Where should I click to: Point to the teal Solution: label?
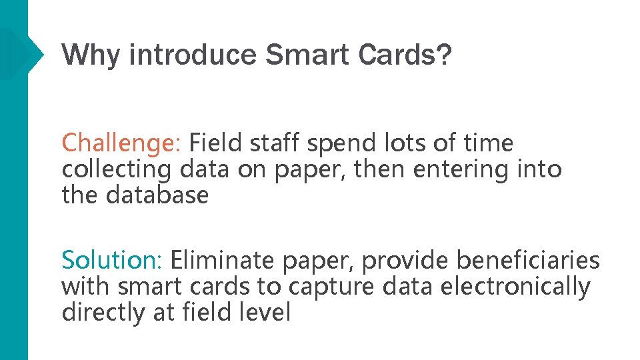coord(113,259)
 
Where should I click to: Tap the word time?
coord(489,143)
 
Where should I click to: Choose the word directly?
coord(105,312)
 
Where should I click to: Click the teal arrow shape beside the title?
coord(27,52)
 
